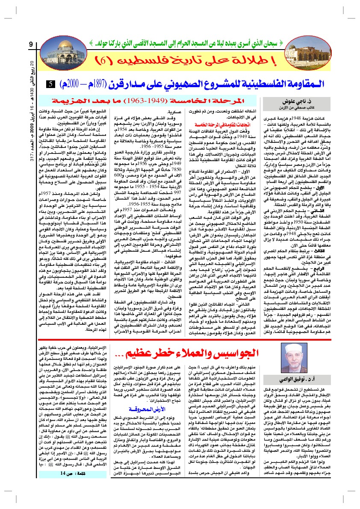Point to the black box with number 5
[50, 84]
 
